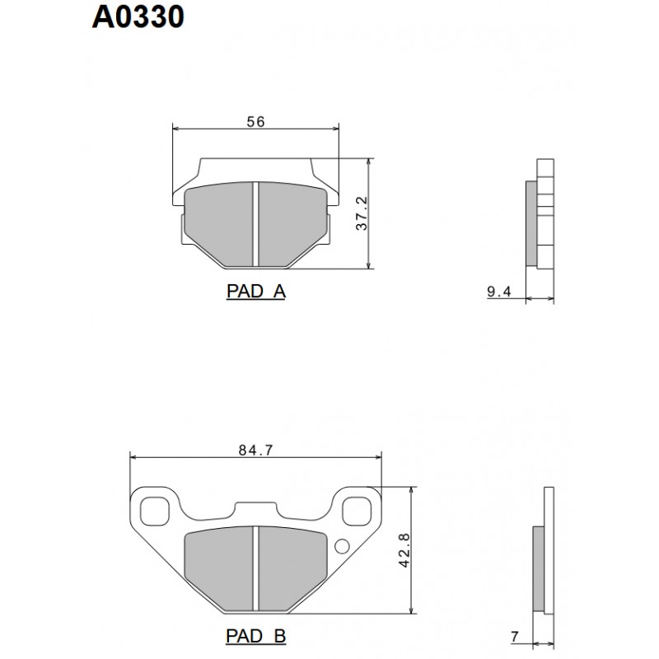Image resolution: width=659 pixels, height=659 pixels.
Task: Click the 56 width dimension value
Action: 255,122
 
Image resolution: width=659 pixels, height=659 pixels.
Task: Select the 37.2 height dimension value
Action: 362,214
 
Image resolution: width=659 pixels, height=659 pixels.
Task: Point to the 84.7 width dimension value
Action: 256,450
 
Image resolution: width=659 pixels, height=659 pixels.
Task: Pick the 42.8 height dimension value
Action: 403,549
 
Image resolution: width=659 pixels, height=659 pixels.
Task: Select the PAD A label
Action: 255,292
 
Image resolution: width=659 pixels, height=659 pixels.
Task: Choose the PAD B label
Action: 255,637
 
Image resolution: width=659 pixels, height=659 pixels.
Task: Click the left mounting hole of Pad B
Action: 154,511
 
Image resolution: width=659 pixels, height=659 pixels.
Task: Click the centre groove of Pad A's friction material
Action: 255,224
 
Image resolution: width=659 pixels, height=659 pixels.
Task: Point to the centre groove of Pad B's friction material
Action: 255,568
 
